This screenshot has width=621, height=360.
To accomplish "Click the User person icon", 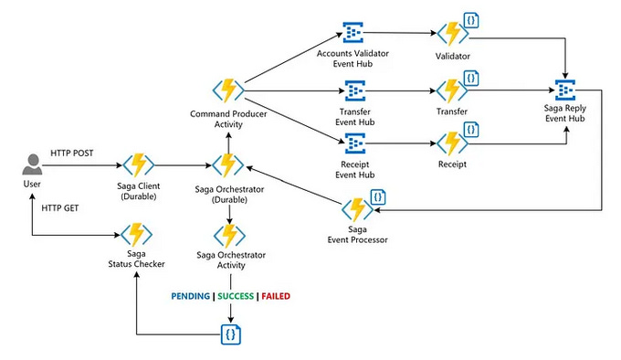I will (x=32, y=165).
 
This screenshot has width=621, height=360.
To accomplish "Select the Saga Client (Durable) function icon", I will (x=139, y=165).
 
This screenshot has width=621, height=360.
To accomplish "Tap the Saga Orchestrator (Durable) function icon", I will (x=228, y=165).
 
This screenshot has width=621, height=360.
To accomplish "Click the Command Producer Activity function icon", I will (x=228, y=90).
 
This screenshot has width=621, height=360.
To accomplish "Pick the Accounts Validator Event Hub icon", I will (x=353, y=34).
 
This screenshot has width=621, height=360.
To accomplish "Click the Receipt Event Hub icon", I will (x=353, y=143).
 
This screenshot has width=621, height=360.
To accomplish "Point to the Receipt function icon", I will (x=451, y=143).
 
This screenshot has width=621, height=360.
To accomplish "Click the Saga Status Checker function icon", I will (x=138, y=234).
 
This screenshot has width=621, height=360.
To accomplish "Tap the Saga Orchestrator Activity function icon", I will (x=228, y=234).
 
